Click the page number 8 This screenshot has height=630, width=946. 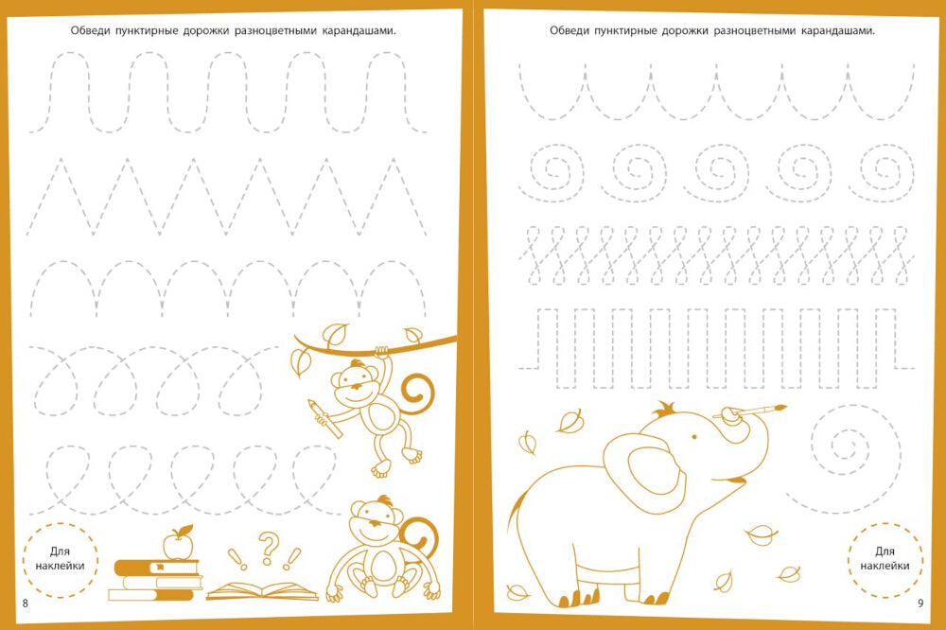[x=25, y=603]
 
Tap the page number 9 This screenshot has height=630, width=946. [x=920, y=603]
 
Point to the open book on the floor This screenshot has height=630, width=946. [x=262, y=591]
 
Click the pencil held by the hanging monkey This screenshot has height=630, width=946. [x=324, y=418]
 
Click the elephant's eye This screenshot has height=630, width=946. [x=694, y=436]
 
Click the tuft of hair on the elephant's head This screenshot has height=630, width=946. [x=665, y=409]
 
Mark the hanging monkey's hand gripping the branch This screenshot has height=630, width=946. [x=381, y=352]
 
